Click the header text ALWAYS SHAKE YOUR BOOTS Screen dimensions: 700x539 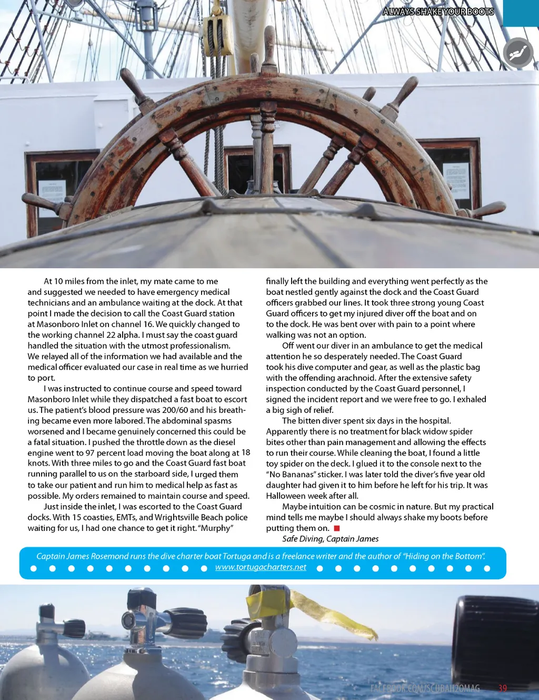(x=438, y=12)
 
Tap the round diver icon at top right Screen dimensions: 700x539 (x=518, y=53)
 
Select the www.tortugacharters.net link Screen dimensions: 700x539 (x=261, y=567)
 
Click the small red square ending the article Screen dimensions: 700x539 (x=337, y=528)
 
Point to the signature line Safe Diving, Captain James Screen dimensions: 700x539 (x=330, y=539)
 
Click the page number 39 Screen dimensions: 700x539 (x=503, y=688)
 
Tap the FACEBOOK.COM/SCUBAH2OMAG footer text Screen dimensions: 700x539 (x=425, y=688)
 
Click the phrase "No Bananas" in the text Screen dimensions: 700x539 (x=291, y=474)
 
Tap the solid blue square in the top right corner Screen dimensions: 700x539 (x=521, y=13)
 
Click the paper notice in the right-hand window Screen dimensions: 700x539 (x=456, y=180)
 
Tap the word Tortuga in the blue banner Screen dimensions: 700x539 (x=236, y=556)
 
